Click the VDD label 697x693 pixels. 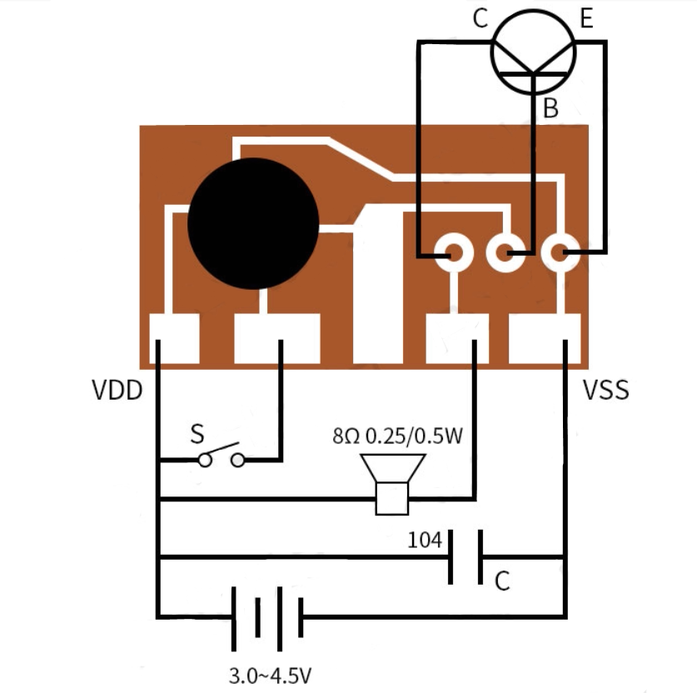click(x=117, y=390)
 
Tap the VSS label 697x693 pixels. click(x=606, y=390)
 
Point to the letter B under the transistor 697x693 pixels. click(x=550, y=108)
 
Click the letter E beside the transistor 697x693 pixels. click(x=586, y=18)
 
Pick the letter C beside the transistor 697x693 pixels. click(x=480, y=18)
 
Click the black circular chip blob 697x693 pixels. click(x=253, y=223)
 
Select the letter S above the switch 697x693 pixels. click(x=197, y=433)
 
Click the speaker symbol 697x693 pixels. click(x=392, y=484)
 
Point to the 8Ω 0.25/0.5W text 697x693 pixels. click(x=397, y=436)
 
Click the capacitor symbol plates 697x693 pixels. click(x=465, y=556)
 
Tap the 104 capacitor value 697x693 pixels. click(x=425, y=540)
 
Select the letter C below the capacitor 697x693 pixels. click(x=502, y=581)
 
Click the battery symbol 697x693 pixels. click(x=267, y=618)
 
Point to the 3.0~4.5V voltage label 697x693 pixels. click(x=270, y=676)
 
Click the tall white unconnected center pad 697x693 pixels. click(x=378, y=285)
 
